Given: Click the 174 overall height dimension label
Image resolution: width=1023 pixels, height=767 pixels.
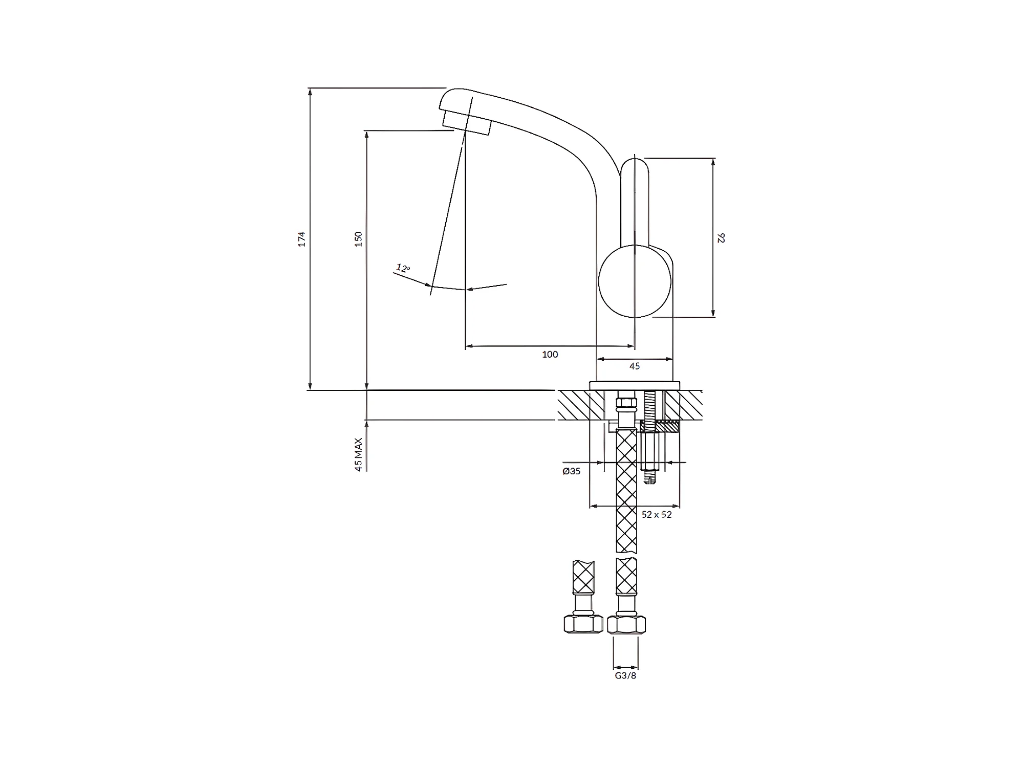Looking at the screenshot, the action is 302,239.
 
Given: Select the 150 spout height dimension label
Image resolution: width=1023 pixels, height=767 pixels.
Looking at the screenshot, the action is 359,239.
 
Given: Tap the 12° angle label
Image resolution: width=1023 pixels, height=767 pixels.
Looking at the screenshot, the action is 403,268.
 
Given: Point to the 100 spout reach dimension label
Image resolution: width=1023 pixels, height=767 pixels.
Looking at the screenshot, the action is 550,355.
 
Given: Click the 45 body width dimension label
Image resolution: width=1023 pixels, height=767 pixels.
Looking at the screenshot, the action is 635,366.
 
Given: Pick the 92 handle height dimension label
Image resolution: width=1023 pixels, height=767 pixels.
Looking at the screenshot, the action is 722,238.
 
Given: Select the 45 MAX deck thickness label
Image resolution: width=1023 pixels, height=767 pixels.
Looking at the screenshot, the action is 358,454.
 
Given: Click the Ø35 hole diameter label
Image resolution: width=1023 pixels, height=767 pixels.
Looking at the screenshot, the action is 571,471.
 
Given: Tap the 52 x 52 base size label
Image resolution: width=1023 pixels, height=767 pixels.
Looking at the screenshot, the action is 657,515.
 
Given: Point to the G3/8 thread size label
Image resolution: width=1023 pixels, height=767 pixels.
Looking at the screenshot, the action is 625,676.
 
